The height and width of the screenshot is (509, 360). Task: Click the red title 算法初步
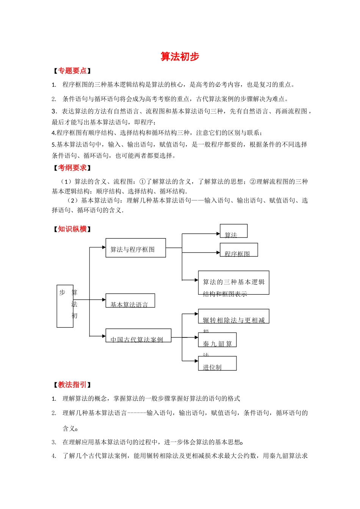tap(180, 56)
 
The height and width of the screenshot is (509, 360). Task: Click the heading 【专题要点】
tap(72, 71)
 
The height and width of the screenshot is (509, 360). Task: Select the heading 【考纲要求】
tap(72, 168)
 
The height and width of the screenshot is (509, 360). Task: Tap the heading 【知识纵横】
tap(72, 229)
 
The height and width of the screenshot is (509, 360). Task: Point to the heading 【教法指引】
tap(72, 385)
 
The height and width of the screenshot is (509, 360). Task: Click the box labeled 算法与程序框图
tap(135, 248)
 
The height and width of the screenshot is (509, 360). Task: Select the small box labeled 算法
tap(233, 231)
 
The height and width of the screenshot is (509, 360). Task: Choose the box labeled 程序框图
tap(239, 250)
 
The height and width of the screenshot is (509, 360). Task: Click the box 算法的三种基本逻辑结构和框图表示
tap(233, 283)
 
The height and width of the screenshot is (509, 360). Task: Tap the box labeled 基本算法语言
tap(130, 301)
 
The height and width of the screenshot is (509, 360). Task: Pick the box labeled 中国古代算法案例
tap(138, 336)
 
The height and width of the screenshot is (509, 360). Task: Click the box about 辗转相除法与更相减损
tap(233, 316)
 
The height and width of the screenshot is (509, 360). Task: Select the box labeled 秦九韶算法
tap(217, 340)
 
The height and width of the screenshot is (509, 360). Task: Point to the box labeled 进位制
tap(217, 364)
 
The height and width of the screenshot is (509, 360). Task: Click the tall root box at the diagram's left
tap(65, 306)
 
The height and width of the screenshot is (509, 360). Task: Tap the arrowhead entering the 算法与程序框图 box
tap(104, 247)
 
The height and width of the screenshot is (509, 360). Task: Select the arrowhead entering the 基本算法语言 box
tap(104, 300)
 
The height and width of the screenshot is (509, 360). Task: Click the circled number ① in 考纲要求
tap(142, 182)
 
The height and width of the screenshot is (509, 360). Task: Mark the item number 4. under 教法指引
tap(54, 456)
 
